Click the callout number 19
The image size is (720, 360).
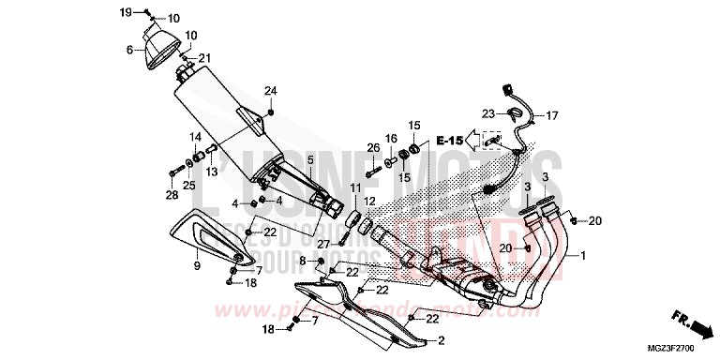tap(126, 11)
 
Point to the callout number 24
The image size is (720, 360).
tap(270, 90)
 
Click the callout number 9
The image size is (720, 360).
tap(197, 266)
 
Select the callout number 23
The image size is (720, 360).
tap(488, 113)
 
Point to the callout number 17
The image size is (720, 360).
tap(551, 116)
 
